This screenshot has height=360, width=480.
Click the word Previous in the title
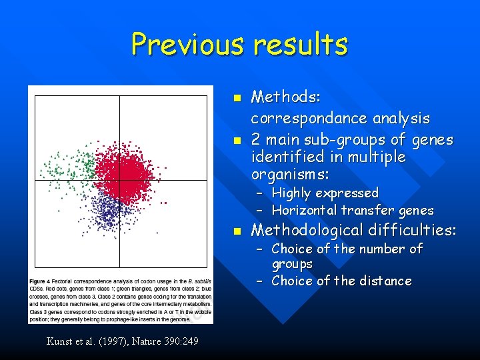click(x=188, y=44)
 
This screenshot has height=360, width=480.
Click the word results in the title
click(x=300, y=44)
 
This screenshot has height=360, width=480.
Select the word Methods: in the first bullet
click(x=285, y=97)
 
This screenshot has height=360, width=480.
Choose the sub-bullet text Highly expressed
click(x=325, y=193)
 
